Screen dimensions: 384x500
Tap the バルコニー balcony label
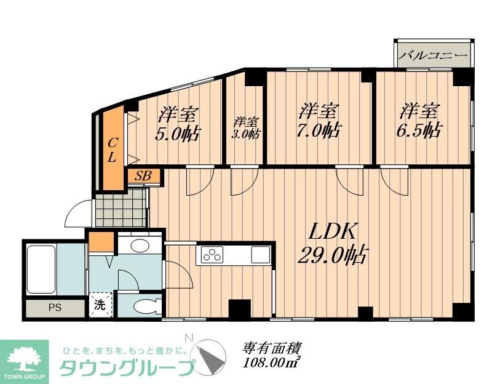tap(434, 55)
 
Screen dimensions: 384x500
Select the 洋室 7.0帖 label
tap(319, 121)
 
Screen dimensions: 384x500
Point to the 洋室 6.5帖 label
tap(421, 121)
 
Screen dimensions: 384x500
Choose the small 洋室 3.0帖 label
tap(245, 127)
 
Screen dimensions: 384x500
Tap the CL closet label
tap(112, 150)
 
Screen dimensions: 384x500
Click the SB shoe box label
tap(143, 176)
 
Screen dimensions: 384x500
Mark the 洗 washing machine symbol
tap(100, 304)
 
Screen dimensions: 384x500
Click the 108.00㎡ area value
tap(271, 364)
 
